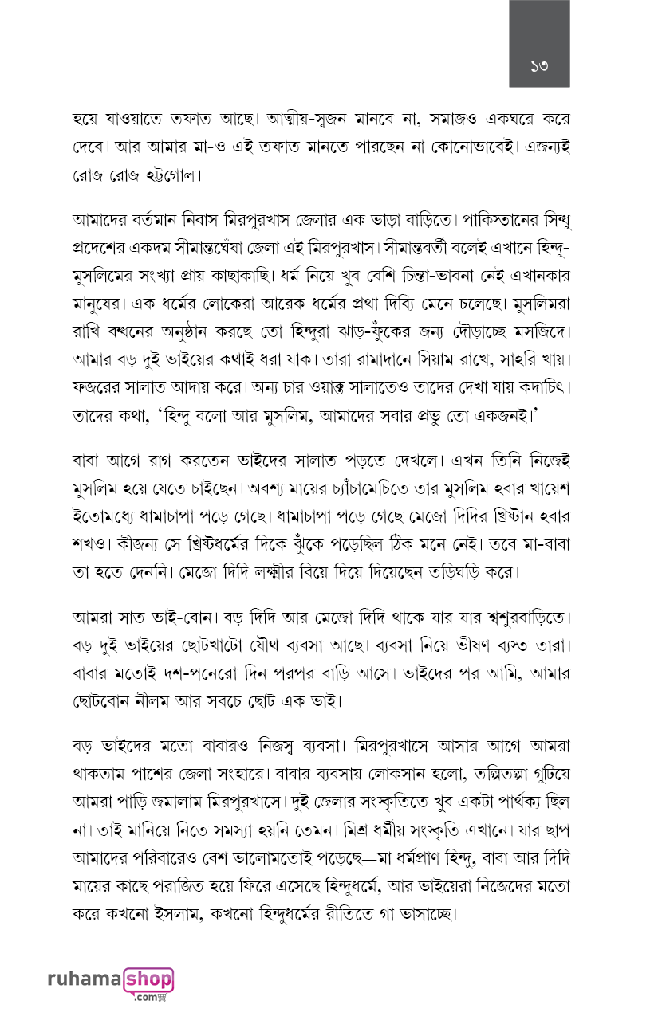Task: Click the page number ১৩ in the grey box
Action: [x=540, y=64]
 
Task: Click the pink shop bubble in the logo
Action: [x=148, y=979]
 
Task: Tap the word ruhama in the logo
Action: [x=85, y=980]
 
